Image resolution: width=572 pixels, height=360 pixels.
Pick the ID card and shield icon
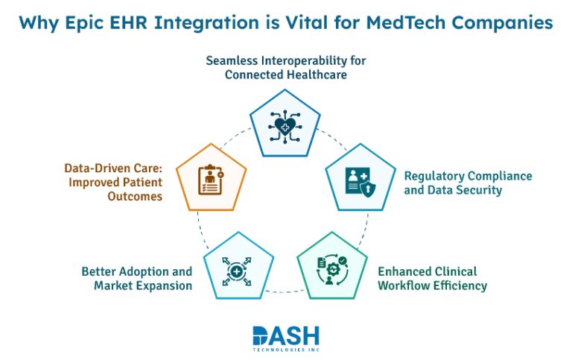[360, 180]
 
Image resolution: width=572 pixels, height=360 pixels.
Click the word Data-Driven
[97, 169]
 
